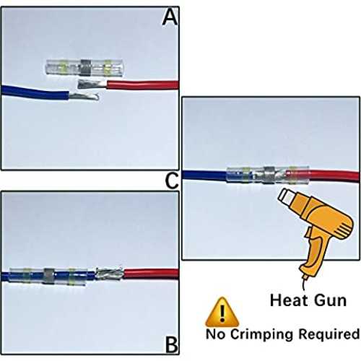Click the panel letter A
[x=170, y=17]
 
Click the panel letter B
[x=172, y=344]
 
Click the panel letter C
[x=172, y=180]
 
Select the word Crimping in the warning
[x=261, y=334]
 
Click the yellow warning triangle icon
[x=222, y=312]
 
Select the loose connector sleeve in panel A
[x=84, y=68]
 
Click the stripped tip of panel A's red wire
[x=92, y=84]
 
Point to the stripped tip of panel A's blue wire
[x=84, y=96]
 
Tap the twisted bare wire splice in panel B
[x=110, y=273]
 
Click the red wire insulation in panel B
[x=151, y=274]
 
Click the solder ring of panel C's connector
[x=269, y=175]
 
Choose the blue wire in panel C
[x=204, y=175]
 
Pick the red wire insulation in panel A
[x=142, y=85]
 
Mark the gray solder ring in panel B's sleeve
[x=48, y=276]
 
